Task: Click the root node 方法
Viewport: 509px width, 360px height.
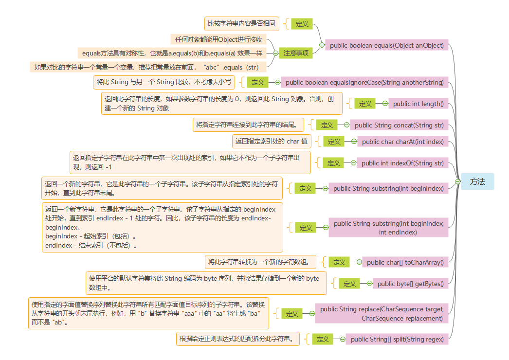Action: pos(477,181)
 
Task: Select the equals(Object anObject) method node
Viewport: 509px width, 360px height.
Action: pos(387,45)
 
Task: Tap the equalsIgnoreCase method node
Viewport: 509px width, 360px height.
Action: pos(364,83)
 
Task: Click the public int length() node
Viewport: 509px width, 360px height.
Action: pos(418,104)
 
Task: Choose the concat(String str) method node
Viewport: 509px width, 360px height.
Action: pos(399,125)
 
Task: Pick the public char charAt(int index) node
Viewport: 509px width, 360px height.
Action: pos(403,142)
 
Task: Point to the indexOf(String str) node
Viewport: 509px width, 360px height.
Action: pos(402,163)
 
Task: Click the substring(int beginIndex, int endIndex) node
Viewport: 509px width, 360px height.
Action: pos(388,228)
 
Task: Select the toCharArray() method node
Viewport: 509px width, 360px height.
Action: pos(405,262)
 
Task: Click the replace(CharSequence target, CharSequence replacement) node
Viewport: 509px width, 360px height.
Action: pos(382,313)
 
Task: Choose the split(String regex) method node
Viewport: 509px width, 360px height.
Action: pos(397,339)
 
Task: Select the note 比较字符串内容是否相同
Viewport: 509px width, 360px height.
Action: pos(241,23)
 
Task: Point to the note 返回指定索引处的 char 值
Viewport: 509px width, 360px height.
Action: pos(272,142)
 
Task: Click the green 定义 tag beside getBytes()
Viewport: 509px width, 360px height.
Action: pos(350,284)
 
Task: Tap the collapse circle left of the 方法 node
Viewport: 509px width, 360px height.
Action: pos(458,181)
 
